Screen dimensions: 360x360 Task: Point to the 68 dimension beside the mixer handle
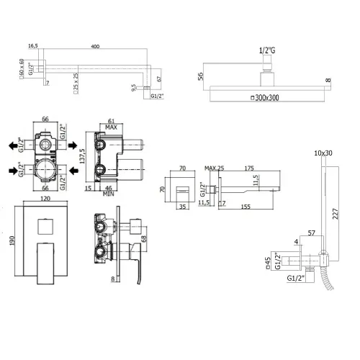pos(143,238)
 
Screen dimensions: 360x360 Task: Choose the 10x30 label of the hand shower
pos(324,153)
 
